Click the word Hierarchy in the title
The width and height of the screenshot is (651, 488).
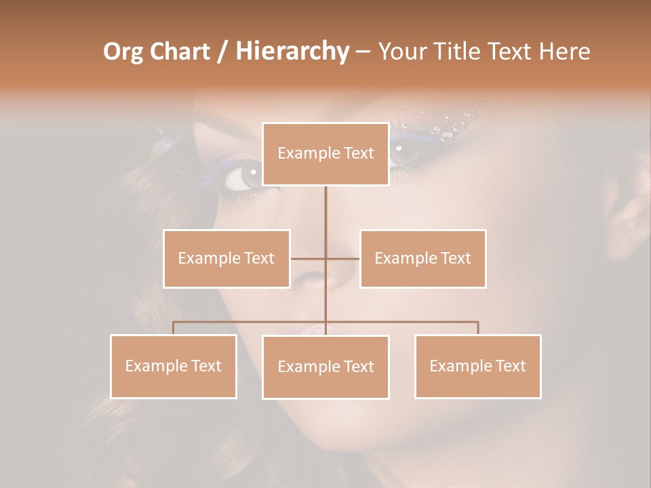coord(292,52)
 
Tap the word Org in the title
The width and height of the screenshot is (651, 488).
coord(123,52)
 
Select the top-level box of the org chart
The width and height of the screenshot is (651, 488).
coord(325,154)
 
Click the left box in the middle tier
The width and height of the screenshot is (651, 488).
coord(226,258)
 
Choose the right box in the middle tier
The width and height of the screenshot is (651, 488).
coord(422,258)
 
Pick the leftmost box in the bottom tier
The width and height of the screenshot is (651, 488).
coord(174,366)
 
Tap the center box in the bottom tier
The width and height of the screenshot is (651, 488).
coord(325,367)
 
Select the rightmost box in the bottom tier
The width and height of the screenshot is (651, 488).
coord(477,366)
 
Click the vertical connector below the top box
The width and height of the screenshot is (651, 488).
coord(325,217)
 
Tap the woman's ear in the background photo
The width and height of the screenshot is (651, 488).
coord(627,217)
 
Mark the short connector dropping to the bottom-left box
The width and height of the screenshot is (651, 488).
coord(174,328)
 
